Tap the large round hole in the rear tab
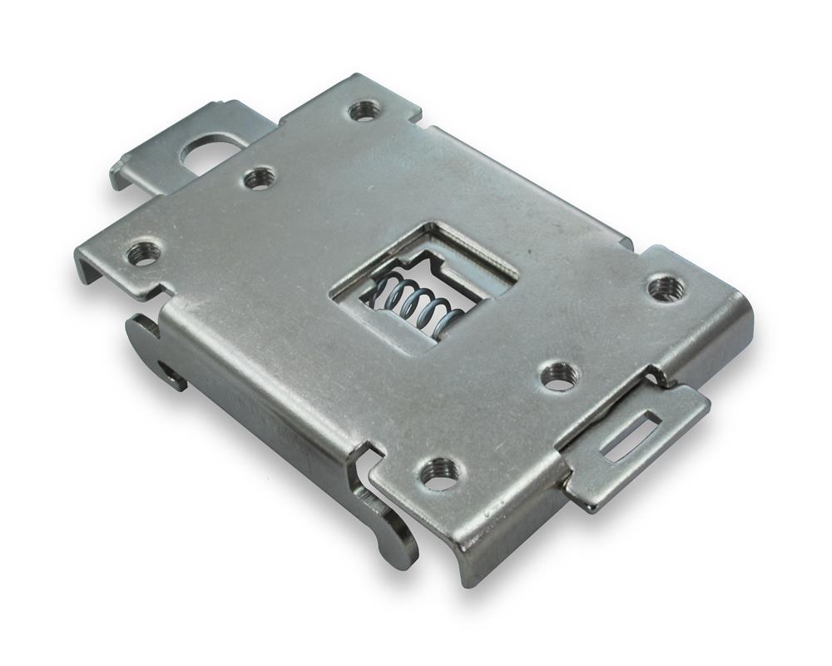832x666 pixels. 213,150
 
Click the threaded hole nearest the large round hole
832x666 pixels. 260,176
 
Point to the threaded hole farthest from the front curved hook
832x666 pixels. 364,110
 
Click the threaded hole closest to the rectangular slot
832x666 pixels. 558,375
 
